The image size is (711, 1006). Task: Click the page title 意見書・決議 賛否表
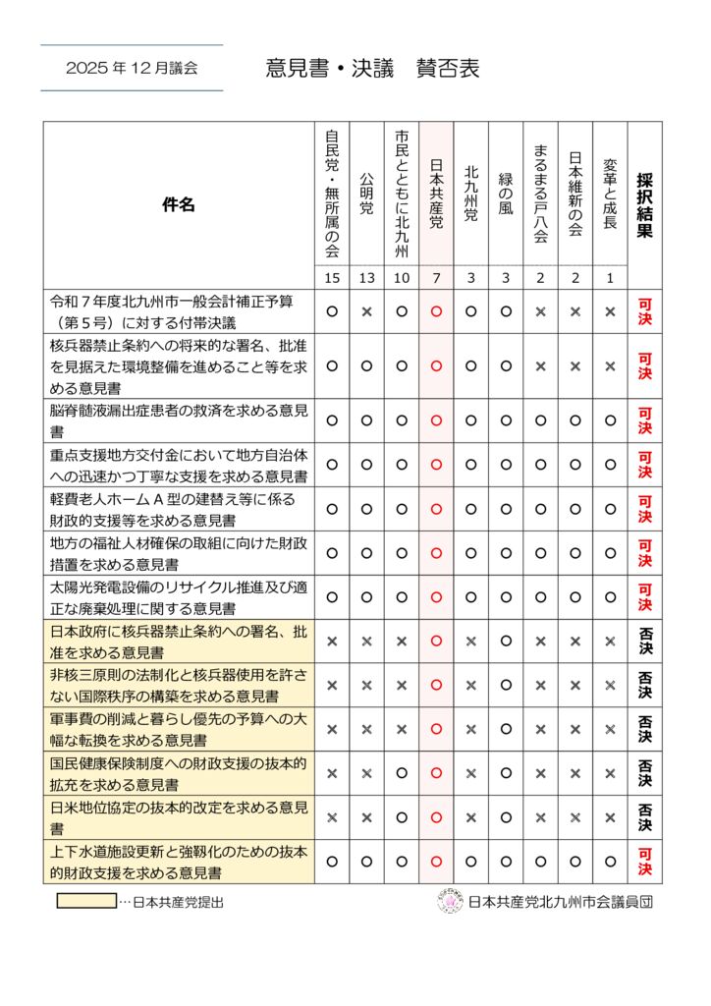click(x=372, y=69)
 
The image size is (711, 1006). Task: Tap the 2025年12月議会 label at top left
click(x=132, y=69)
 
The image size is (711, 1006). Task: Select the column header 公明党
click(x=366, y=193)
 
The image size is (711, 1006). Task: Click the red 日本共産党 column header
click(x=436, y=193)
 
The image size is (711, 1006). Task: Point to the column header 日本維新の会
click(x=575, y=193)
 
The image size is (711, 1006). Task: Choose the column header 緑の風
click(x=506, y=193)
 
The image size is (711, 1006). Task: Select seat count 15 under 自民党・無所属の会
click(x=332, y=278)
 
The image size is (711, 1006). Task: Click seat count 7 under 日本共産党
click(x=436, y=278)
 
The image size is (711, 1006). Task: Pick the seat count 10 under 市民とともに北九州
click(x=402, y=278)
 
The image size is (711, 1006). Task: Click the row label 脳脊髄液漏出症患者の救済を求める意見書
click(x=179, y=419)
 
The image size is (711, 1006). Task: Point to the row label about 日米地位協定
click(x=179, y=817)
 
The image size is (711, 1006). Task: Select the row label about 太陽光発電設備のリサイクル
click(x=179, y=596)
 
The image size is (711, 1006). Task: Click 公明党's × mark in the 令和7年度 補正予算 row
click(x=366, y=311)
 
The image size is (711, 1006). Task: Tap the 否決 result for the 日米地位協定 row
click(x=644, y=817)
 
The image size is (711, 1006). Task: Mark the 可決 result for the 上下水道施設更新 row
click(x=644, y=862)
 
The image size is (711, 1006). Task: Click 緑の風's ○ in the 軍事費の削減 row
click(x=506, y=729)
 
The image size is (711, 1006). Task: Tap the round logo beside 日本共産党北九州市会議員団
click(x=449, y=901)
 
